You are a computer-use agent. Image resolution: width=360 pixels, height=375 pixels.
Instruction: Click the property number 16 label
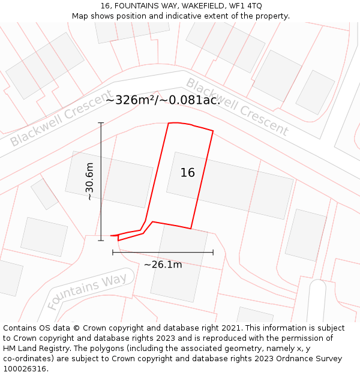(x=188, y=173)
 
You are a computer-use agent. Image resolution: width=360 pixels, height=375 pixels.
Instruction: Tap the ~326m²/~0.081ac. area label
(x=163, y=100)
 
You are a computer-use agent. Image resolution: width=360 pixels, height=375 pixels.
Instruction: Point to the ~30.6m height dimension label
(x=89, y=182)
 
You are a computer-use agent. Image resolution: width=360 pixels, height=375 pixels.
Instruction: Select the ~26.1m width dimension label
(x=163, y=265)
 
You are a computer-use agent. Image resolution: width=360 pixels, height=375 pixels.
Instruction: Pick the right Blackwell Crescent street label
(x=237, y=106)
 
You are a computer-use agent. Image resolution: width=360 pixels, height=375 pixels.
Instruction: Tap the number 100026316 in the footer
(x=24, y=369)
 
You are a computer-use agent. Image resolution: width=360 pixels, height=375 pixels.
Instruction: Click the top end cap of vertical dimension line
(x=101, y=123)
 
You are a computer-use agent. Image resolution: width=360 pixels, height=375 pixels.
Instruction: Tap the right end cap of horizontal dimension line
(x=213, y=253)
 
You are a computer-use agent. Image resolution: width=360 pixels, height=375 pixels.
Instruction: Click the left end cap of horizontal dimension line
(x=113, y=253)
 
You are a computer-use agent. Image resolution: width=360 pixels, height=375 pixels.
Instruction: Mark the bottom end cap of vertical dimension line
(x=101, y=241)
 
